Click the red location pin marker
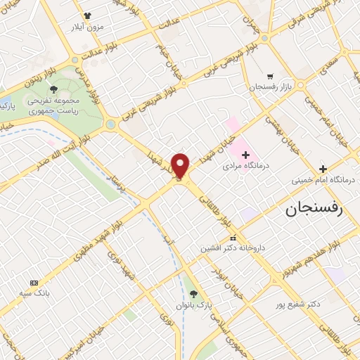point(181,166)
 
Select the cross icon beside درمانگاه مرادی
point(245,155)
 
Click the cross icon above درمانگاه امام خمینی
point(323,169)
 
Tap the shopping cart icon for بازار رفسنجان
point(270,76)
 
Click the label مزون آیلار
point(87,26)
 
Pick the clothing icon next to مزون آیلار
point(87,15)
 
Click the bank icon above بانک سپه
point(33,281)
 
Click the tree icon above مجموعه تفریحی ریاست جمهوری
point(54,89)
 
